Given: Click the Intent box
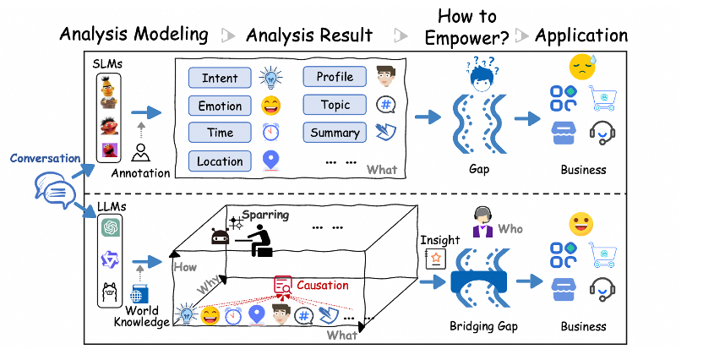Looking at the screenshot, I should pyautogui.click(x=220, y=79).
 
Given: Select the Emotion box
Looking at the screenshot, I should pyautogui.click(x=220, y=106).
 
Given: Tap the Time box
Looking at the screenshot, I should pyautogui.click(x=220, y=134).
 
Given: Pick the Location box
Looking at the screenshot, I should pyautogui.click(x=220, y=161).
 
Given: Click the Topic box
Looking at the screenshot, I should pyautogui.click(x=335, y=106).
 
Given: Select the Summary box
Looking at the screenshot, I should pyautogui.click(x=335, y=133).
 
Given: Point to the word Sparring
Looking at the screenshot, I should pyautogui.click(x=265, y=215).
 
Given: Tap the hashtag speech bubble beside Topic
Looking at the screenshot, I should pyautogui.click(x=386, y=106).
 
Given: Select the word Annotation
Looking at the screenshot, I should pyautogui.click(x=140, y=173).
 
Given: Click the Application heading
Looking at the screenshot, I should pyautogui.click(x=581, y=35).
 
